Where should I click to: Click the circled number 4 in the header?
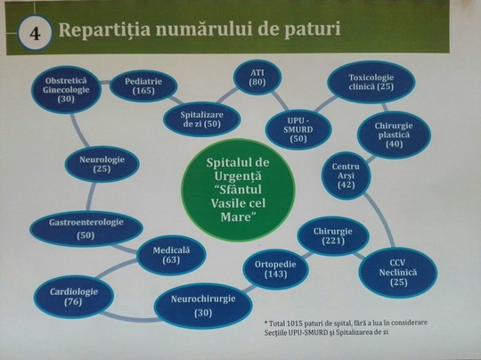coord(35,33)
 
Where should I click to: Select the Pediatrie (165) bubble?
coord(143,86)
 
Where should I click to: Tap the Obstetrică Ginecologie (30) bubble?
coord(66,90)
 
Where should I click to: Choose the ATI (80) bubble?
coord(257,77)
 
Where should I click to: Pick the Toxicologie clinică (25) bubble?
coord(371,82)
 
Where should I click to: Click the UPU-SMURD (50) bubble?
coord(298,129)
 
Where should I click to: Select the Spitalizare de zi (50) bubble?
coord(202,119)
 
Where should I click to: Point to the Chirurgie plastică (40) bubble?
coord(394,135)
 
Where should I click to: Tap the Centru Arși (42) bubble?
coord(346,176)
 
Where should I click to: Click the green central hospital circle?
coord(239,190)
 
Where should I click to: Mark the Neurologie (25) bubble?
coord(102,164)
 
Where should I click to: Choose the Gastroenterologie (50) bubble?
coord(86,228)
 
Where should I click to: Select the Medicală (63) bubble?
coord(171,255)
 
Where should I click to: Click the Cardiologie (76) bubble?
coord(74,297)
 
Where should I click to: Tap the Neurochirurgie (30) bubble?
coord(203,306)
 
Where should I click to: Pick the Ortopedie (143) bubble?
coord(275,269)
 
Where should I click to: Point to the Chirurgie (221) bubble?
coord(333,236)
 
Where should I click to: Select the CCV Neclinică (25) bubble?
coord(398,273)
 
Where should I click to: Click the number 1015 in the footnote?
coord(296,323)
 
